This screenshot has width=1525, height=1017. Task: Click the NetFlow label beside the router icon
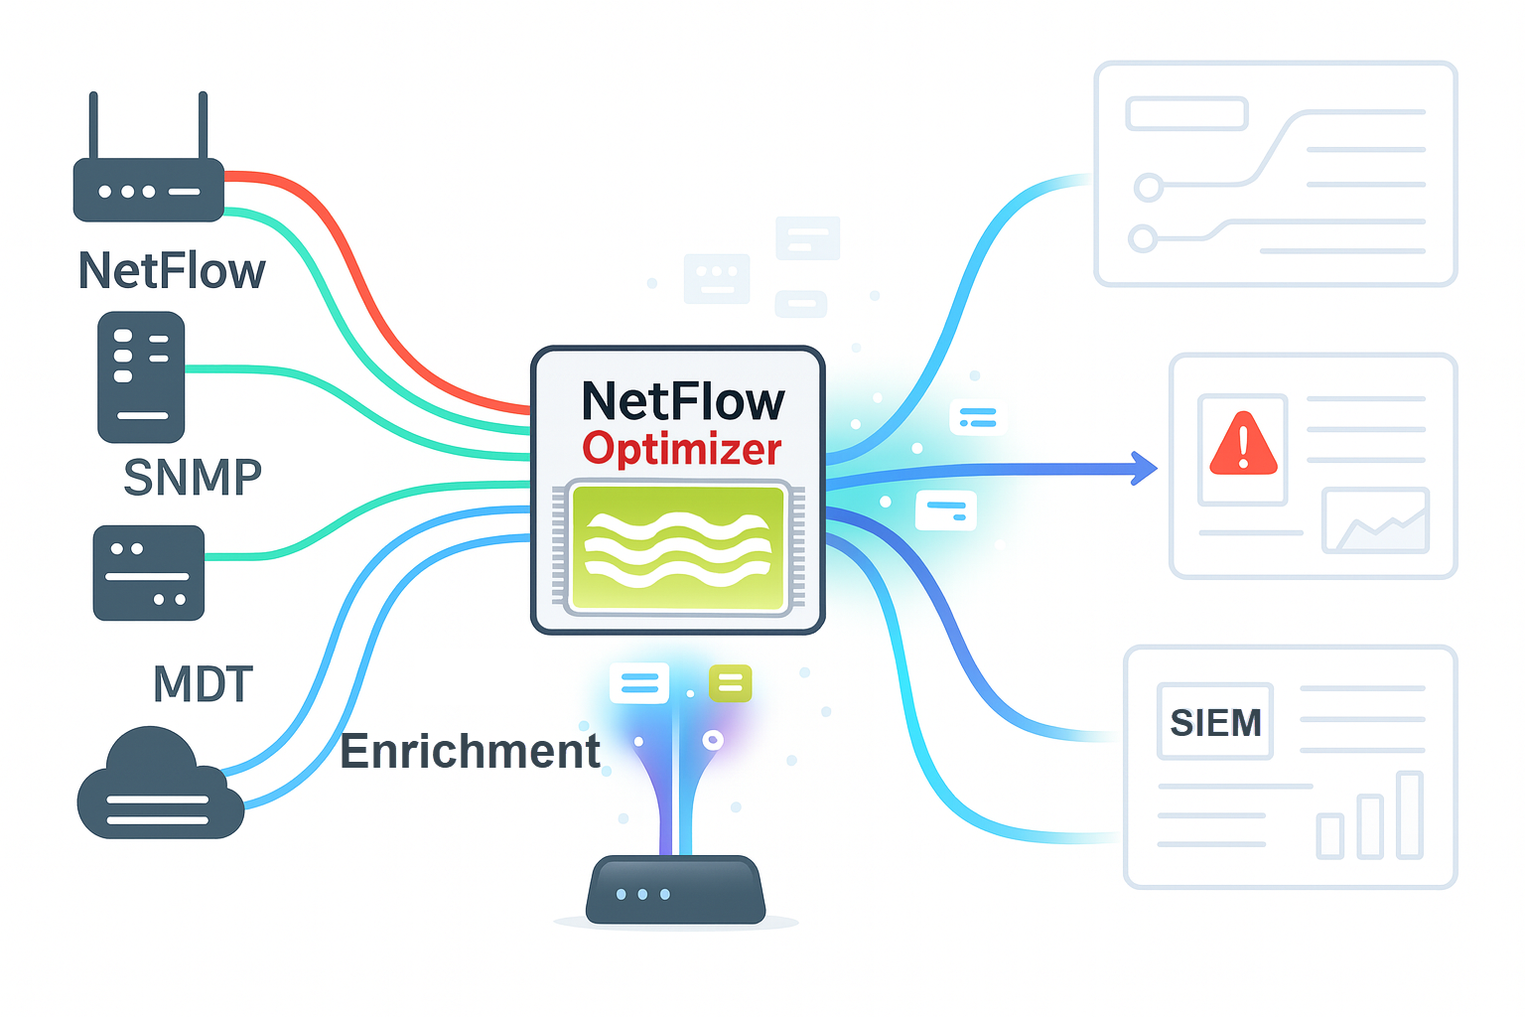(x=172, y=270)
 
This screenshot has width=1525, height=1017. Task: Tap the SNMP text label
(x=193, y=478)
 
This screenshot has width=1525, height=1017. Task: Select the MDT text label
(x=203, y=684)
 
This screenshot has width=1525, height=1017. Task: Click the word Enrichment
(x=470, y=751)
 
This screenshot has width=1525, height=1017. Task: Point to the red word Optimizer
(x=682, y=449)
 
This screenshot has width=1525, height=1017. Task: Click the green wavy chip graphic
(x=678, y=547)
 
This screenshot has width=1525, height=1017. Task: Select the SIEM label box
(x=1215, y=722)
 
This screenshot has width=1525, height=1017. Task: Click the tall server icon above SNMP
(x=141, y=376)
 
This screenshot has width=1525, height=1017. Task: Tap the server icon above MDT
(x=148, y=573)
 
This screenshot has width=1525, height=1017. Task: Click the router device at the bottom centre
(x=675, y=890)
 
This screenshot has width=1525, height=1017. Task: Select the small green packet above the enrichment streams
(x=730, y=683)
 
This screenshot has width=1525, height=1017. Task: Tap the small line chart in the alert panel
(x=1375, y=521)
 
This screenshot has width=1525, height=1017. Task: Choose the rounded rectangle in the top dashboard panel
(x=1186, y=113)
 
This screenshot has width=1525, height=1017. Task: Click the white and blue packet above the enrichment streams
(x=638, y=683)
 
